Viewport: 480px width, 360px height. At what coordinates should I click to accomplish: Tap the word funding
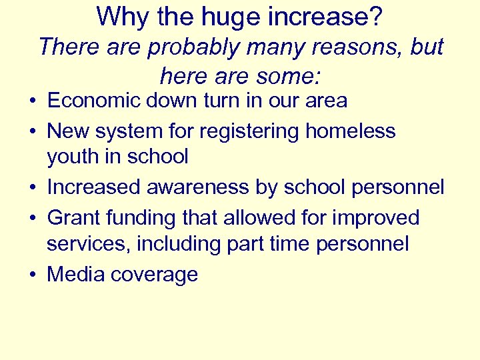tap(139, 217)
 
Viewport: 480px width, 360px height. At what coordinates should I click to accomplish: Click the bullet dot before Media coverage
tap(31, 275)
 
